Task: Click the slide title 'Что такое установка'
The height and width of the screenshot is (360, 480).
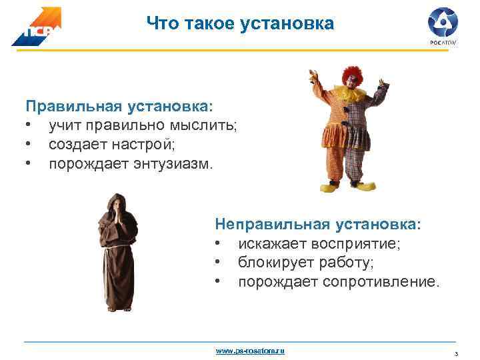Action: click(x=240, y=25)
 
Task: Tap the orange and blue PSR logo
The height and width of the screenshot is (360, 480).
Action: click(x=36, y=28)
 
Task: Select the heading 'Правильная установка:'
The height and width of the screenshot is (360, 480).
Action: click(x=120, y=106)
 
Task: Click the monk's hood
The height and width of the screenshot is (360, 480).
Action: click(x=117, y=200)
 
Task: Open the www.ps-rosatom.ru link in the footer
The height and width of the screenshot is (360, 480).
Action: click(x=250, y=350)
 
